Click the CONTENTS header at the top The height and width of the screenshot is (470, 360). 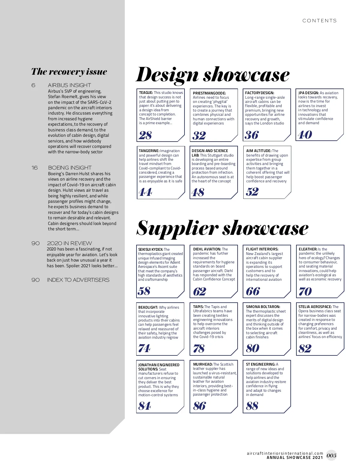319,21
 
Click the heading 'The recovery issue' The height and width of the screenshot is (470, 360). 69,72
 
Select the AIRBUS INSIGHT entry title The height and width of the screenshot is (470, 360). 69,85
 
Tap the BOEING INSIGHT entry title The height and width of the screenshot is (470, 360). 70,168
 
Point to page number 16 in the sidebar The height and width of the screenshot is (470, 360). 35,168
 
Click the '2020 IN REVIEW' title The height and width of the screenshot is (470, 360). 69,243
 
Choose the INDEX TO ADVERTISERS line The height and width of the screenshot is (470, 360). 78,280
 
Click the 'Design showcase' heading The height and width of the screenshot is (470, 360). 213,75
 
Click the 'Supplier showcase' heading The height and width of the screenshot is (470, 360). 222,228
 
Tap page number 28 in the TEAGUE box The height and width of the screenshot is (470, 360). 145,135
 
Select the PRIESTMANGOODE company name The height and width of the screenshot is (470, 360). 209,93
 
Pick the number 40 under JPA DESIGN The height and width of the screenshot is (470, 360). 305,135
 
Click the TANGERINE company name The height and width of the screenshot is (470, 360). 149,151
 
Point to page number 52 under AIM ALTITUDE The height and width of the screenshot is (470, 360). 252,192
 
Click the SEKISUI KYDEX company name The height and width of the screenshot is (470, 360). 150,249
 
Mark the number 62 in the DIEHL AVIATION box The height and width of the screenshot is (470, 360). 199,291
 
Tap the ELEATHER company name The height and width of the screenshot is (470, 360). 307,249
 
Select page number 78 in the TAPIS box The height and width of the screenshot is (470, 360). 199,349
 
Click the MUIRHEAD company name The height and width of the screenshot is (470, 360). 202,364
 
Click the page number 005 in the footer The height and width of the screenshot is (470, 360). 331,456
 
